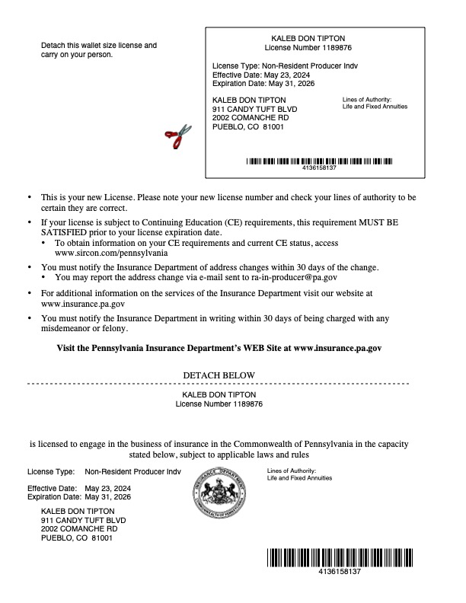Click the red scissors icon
pyautogui.click(x=178, y=137)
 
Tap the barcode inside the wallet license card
pyautogui.click(x=319, y=161)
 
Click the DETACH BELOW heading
pyautogui.click(x=219, y=375)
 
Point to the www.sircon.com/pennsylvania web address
pyautogui.click(x=111, y=252)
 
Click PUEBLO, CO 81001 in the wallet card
pyautogui.click(x=247, y=127)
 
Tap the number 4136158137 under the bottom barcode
pyautogui.click(x=340, y=571)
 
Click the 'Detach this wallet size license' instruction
pyautogui.click(x=98, y=46)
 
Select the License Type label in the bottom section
pyautogui.click(x=51, y=471)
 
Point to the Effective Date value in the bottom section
pyautogui.click(x=108, y=488)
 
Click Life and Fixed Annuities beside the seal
pyautogui.click(x=299, y=478)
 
